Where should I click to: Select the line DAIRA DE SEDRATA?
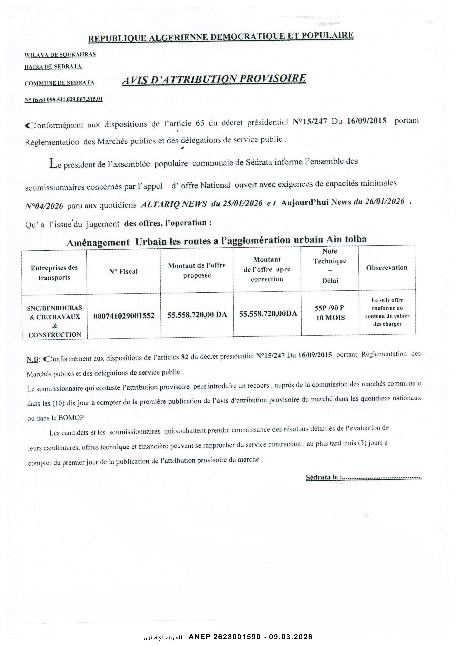tap(53, 67)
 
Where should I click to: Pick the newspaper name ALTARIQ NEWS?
tap(173, 204)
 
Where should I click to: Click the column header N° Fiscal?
tap(123, 271)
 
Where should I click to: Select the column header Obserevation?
tap(387, 268)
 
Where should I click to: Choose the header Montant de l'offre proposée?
tap(197, 270)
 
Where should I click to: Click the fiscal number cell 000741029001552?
tap(124, 316)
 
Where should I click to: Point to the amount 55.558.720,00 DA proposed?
tap(197, 315)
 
